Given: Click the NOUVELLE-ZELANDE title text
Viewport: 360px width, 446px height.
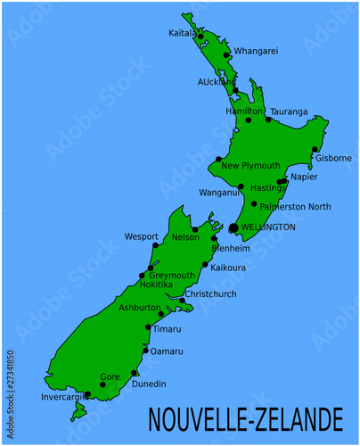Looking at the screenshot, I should tap(245, 418).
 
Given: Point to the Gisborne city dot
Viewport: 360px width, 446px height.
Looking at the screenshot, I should tap(315, 149).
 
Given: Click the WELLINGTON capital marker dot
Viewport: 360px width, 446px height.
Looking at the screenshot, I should tap(233, 228).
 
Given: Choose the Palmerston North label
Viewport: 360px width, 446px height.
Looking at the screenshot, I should tap(296, 207).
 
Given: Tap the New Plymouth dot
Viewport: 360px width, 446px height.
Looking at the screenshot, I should tap(218, 160).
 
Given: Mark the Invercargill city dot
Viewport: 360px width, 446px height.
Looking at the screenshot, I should tap(87, 393).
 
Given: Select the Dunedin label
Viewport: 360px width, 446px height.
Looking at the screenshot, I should tap(148, 384).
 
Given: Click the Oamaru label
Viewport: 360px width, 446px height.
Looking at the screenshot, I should tap(167, 351).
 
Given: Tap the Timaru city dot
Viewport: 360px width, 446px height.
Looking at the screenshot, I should tap(148, 327).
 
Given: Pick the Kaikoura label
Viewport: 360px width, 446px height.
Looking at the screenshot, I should tap(229, 266).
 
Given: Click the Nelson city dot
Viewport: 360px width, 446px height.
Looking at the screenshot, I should tap(195, 229).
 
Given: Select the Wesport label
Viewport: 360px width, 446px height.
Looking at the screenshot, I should tap(142, 237).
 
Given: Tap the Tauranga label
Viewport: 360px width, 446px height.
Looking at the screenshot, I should tap(289, 111).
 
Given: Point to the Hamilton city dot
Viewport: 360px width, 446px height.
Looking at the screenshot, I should tap(249, 120).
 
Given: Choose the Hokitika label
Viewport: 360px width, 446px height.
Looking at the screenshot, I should tap(156, 285).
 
